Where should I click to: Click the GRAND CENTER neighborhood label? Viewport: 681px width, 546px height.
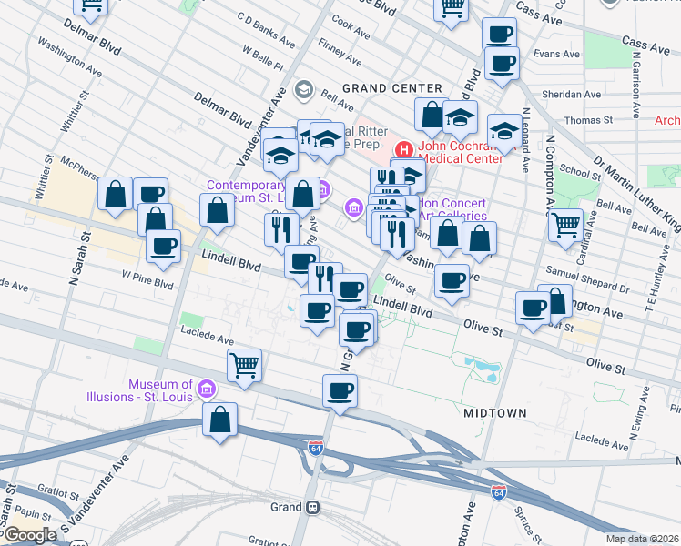click(x=380, y=88)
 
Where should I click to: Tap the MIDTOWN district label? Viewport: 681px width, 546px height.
click(x=494, y=413)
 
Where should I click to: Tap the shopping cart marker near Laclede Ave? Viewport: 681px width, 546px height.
click(x=244, y=364)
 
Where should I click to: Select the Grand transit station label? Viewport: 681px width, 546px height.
click(x=286, y=507)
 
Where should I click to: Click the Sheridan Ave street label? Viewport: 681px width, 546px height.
click(x=579, y=94)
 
